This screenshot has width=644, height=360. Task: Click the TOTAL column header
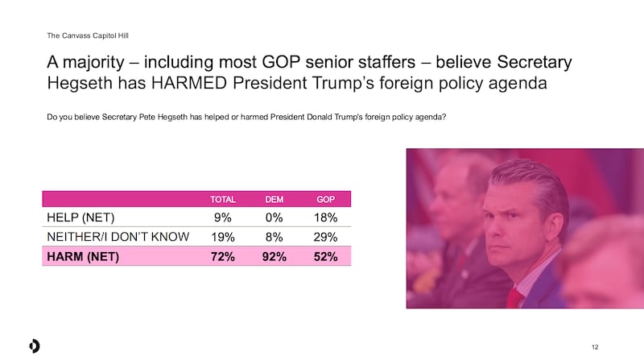[x=223, y=198]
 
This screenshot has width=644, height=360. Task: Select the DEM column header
[x=275, y=198]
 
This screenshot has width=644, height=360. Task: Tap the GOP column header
[x=326, y=198]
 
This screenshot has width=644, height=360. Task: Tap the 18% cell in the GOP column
[x=326, y=217]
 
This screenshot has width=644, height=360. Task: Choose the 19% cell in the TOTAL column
[x=224, y=238]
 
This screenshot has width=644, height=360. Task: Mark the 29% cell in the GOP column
[x=326, y=238]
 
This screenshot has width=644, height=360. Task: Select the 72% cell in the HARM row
[x=223, y=258]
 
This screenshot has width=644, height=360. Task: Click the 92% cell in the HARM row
[x=275, y=258]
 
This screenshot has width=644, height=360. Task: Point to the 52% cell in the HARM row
[x=326, y=258]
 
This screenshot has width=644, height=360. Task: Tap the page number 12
[x=595, y=346]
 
